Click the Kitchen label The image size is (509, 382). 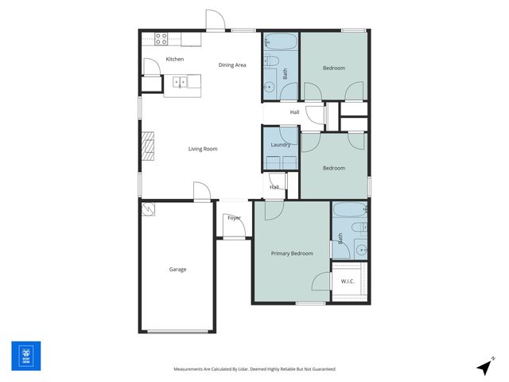174,60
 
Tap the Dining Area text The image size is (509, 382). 232,64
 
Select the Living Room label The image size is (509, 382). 203,149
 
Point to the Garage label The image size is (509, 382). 177,270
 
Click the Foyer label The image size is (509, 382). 234,217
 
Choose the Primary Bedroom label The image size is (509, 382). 291,254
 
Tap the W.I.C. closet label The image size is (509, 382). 348,282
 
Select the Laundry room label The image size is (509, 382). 280,145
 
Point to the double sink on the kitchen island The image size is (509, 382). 181,81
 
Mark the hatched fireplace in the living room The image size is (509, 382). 147,146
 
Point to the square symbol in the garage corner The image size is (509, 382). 149,209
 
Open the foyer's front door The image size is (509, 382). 233,231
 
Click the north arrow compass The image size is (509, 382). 484,366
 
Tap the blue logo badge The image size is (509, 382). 25,355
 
